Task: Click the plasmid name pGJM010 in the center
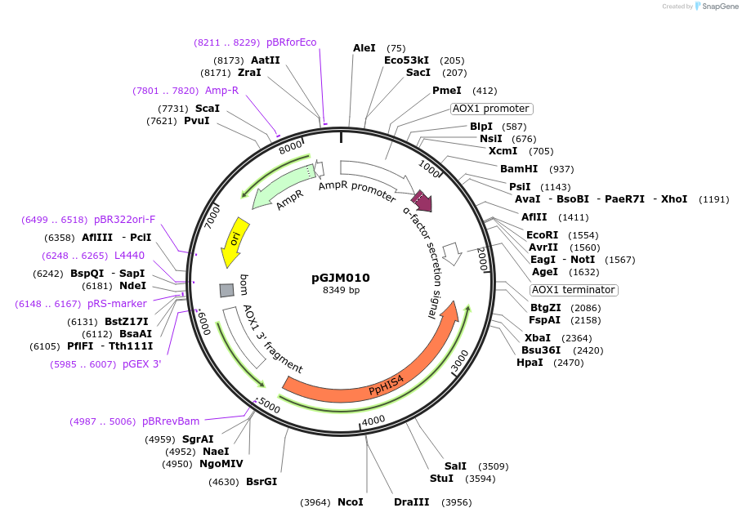click(341, 278)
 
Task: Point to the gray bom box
click(226, 290)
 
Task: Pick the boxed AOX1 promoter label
click(491, 109)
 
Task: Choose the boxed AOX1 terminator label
click(573, 290)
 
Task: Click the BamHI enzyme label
click(519, 169)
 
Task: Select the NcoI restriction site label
click(350, 501)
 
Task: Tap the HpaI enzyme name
click(530, 362)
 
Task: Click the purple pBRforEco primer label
click(291, 42)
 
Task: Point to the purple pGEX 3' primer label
click(142, 364)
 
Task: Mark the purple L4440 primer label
click(129, 256)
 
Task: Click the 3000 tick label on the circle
click(460, 360)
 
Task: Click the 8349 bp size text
click(341, 290)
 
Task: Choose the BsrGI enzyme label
click(261, 481)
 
